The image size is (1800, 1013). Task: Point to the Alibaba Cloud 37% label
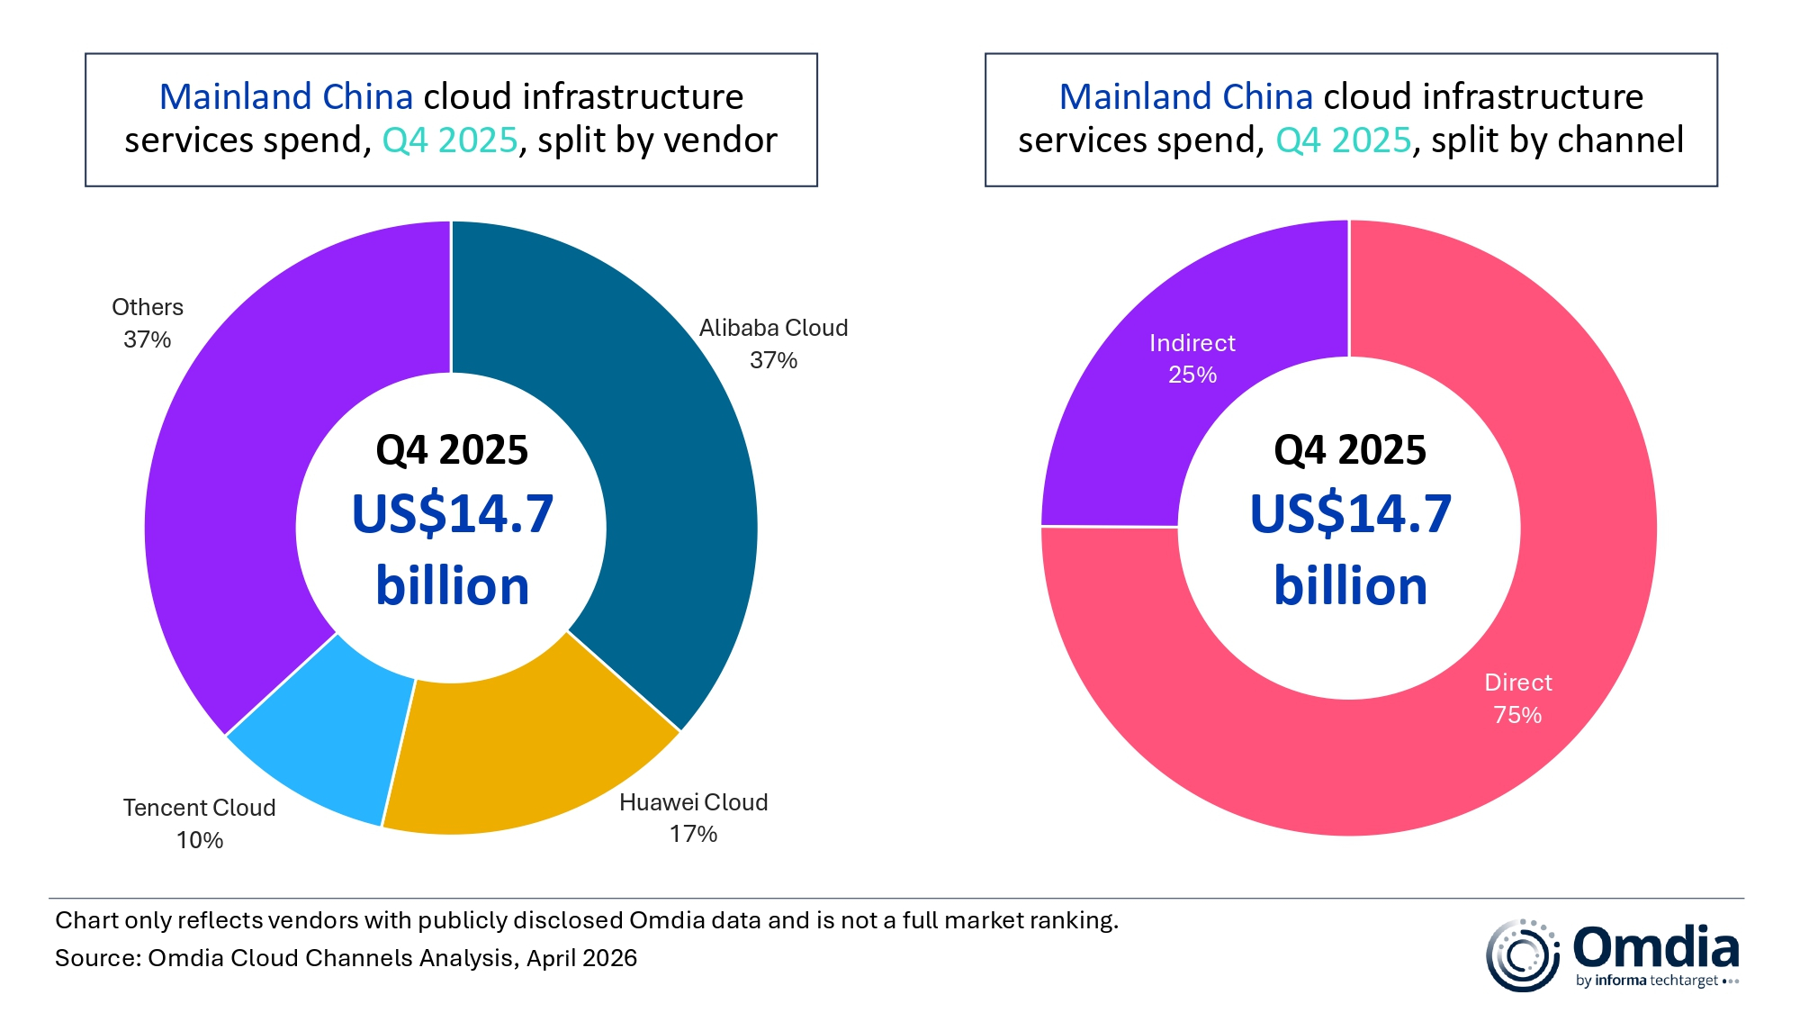click(773, 344)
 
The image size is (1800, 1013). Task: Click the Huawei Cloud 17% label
click(693, 818)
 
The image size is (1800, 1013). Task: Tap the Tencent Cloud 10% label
click(199, 823)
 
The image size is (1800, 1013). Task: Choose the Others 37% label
click(148, 323)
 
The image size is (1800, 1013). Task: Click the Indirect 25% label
click(1192, 358)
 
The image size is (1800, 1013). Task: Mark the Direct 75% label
click(1517, 699)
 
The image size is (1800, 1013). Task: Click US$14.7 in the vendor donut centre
click(452, 514)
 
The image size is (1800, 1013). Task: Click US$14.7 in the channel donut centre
click(1350, 514)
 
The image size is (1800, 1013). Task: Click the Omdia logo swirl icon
click(1522, 955)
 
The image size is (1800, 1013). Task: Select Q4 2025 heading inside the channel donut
click(1350, 450)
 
